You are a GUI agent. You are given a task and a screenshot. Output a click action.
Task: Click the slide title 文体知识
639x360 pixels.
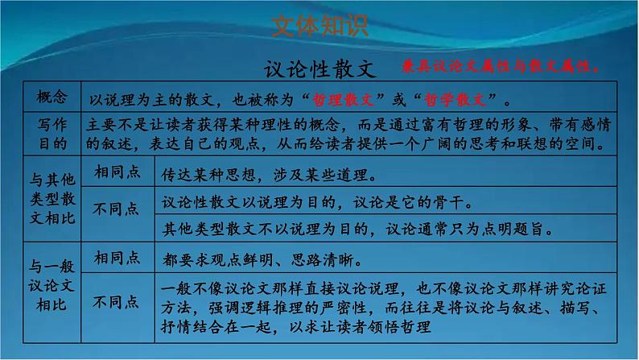(x=319, y=27)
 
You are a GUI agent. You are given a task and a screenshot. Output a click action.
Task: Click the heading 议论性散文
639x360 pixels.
(x=319, y=68)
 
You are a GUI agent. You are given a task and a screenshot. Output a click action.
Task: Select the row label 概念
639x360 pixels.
(x=53, y=97)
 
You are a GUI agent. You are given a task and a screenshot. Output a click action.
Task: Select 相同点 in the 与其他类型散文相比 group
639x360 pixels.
(x=117, y=172)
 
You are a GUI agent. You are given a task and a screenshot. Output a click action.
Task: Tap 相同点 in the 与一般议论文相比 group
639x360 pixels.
(x=117, y=258)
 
